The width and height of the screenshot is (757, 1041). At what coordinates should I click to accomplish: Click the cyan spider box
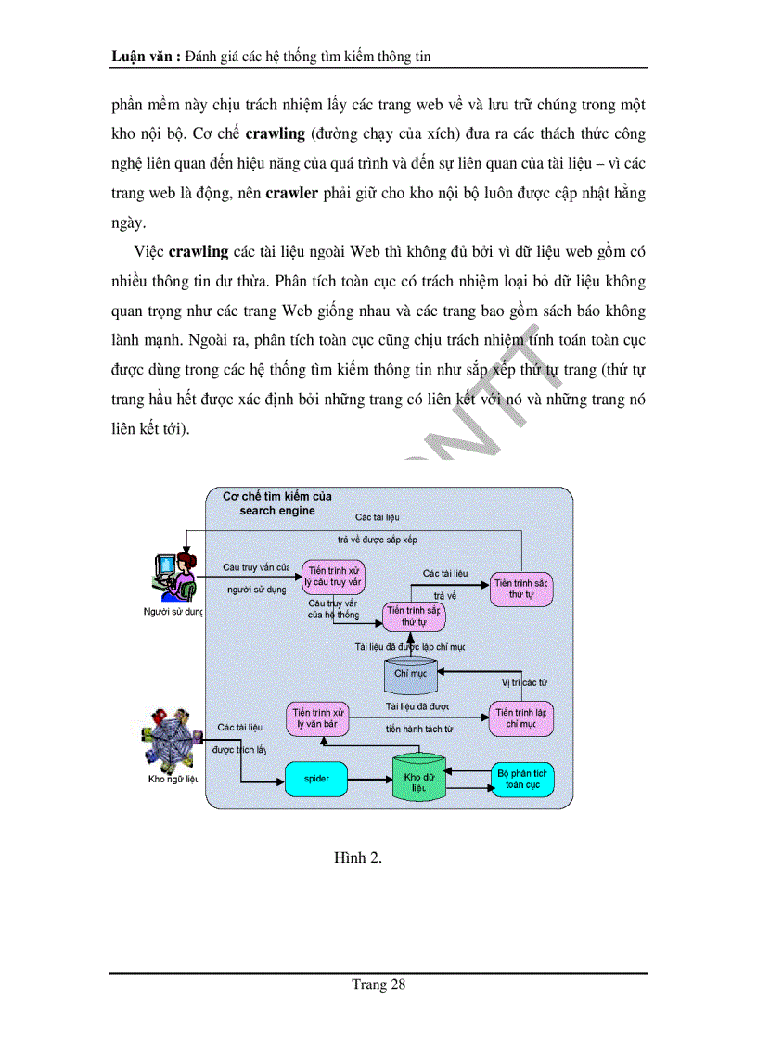click(x=317, y=779)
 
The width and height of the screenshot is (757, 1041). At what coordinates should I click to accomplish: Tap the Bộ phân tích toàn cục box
click(x=522, y=779)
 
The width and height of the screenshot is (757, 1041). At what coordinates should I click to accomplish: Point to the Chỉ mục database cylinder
click(x=410, y=674)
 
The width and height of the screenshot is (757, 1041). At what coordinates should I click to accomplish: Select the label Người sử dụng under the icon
click(x=173, y=612)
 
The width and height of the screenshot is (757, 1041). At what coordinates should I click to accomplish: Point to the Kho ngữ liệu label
click(x=173, y=779)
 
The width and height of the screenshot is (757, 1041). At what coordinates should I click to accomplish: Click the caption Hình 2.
click(x=358, y=857)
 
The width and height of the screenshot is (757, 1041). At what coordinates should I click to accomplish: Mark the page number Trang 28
click(x=378, y=984)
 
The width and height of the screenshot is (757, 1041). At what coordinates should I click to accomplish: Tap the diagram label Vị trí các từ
click(x=524, y=682)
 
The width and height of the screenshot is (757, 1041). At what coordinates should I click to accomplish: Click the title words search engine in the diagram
click(x=276, y=511)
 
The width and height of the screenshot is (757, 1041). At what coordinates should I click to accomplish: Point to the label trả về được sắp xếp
click(x=377, y=539)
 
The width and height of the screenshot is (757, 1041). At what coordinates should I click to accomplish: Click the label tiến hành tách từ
click(x=419, y=729)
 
